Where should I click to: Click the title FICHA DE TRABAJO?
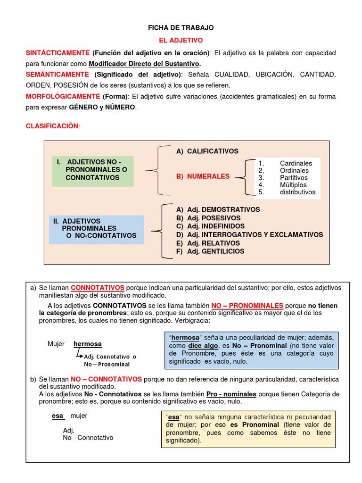click(181, 28)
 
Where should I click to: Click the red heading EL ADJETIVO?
click(181, 41)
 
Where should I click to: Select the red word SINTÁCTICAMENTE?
click(58, 53)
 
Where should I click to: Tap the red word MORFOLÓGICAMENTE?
click(63, 96)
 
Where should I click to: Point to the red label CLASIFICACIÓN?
click(53, 126)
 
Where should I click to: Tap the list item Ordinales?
click(294, 170)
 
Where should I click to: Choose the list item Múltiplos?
click(293, 185)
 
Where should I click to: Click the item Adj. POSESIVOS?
click(208, 218)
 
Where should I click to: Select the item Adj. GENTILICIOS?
click(210, 251)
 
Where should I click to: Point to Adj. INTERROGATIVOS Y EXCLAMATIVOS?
click(250, 234)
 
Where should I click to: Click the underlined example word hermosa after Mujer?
click(87, 344)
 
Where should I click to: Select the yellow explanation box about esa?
click(247, 429)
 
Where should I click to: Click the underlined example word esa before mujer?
click(57, 416)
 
